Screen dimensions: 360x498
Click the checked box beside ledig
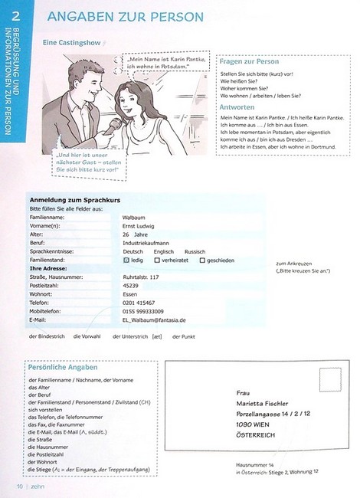point(126,260)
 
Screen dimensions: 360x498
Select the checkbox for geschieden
point(202,260)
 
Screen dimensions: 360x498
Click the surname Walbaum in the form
point(134,218)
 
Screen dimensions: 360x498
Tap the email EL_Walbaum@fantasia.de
point(154,319)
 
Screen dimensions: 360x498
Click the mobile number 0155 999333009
point(147,311)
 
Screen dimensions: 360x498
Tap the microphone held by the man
point(113,123)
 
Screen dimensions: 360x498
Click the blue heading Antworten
point(237,107)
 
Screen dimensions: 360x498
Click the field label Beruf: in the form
point(40,243)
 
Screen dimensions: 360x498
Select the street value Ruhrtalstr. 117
point(141,277)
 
